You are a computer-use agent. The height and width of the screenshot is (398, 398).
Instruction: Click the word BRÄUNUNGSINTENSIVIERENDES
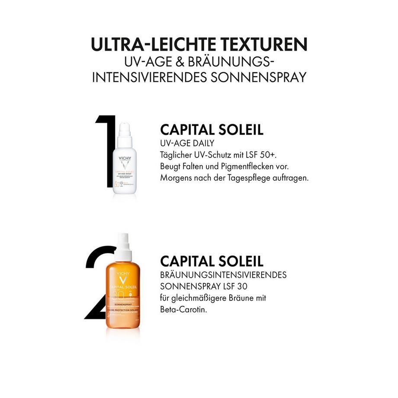pos(223,275)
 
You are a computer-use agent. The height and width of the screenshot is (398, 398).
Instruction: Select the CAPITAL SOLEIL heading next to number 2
pos(212,261)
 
